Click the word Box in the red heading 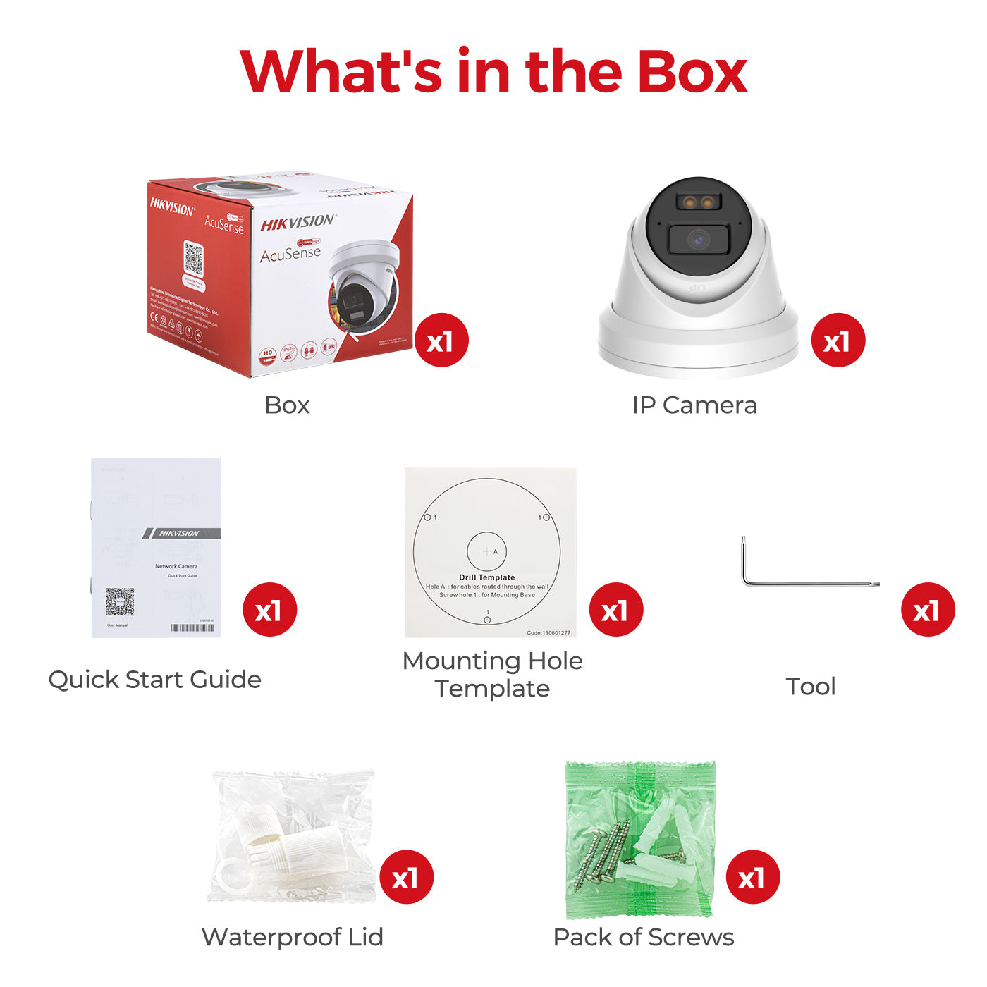pos(692,73)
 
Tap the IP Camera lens pos(698,240)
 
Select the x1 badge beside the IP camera pos(838,341)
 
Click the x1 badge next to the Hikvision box pos(441,341)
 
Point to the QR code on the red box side pos(193,259)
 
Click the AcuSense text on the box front pos(290,253)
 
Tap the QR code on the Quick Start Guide pos(120,602)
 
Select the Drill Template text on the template pos(487,577)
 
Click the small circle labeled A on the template pos(486,551)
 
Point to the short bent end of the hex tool pos(744,560)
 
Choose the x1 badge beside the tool pos(928,610)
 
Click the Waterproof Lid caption pos(293,937)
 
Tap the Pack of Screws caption pos(644,937)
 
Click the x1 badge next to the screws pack pos(753,878)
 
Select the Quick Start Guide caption pos(155,680)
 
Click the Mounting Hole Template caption pos(492,674)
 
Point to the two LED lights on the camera pos(698,203)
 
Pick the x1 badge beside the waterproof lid pos(406,878)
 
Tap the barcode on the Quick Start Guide pos(192,627)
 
